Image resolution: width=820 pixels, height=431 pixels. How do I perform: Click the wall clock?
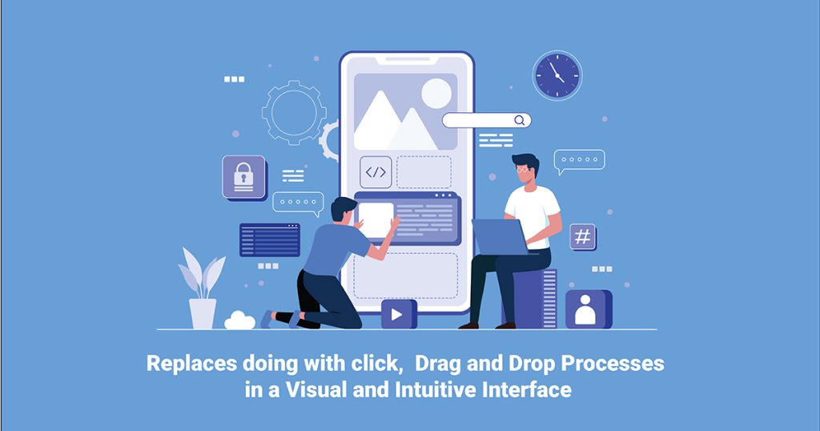point(557,75)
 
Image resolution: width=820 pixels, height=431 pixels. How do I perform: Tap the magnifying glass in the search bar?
point(520,120)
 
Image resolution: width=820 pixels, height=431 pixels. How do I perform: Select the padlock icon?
point(243,176)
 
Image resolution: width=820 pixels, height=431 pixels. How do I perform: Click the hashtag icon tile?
point(582,236)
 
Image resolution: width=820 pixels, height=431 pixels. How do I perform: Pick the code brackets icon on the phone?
point(376,172)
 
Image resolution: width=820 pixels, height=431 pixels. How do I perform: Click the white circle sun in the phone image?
point(436,93)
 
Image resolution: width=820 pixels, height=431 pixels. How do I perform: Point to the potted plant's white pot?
point(203,312)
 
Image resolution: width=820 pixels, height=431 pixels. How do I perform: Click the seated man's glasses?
point(524,169)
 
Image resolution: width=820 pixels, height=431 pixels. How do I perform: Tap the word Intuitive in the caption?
point(457,390)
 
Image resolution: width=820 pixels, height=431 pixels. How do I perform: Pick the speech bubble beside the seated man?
point(579,161)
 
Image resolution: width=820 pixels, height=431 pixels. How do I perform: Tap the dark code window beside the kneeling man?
point(269,240)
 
